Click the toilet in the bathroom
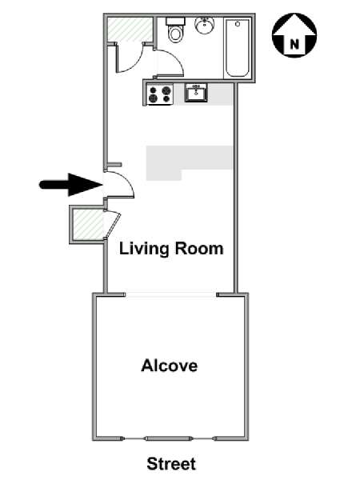click(175, 30)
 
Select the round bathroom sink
click(205, 26)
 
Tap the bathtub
click(238, 48)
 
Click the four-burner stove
click(159, 94)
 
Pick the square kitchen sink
click(196, 93)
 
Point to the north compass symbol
click(294, 35)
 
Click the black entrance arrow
click(70, 184)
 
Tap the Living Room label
click(171, 249)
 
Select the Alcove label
click(170, 366)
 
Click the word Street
click(171, 464)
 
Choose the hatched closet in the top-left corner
click(130, 30)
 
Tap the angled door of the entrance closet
click(113, 225)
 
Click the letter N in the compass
click(294, 45)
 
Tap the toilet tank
click(176, 22)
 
